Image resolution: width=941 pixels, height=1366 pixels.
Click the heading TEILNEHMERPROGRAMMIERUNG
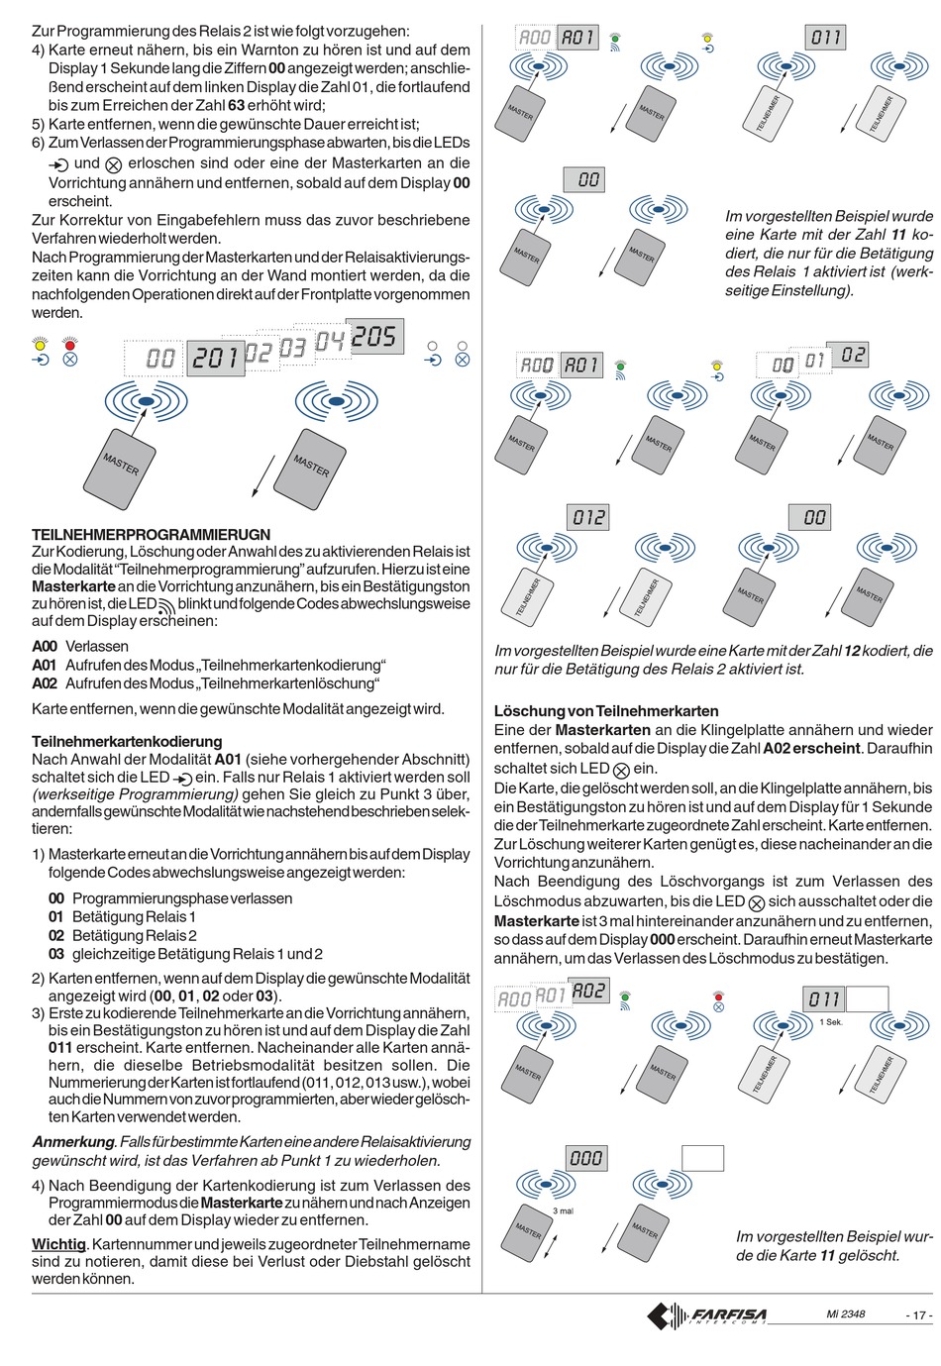[151, 535]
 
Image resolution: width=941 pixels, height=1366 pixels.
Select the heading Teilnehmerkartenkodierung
[127, 741]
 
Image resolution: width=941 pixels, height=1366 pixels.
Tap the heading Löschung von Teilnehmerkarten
[606, 711]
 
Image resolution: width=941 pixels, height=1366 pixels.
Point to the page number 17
[918, 1315]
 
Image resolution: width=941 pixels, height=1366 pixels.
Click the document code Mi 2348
[846, 1314]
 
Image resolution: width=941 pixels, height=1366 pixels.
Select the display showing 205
[373, 338]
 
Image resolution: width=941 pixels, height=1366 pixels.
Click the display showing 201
[216, 357]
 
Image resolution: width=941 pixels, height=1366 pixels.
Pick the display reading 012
[588, 517]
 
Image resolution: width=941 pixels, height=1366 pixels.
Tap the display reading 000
[585, 1158]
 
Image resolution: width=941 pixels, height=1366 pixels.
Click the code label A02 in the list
[45, 683]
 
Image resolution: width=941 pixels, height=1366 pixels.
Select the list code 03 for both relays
[55, 954]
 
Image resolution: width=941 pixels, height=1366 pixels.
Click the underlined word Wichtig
[58, 1244]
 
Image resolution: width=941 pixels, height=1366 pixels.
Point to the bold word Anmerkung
[72, 1142]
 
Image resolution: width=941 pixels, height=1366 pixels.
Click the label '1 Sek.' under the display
[831, 1021]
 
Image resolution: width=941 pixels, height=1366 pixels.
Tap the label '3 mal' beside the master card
[563, 1211]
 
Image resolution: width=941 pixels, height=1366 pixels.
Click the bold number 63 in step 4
[237, 105]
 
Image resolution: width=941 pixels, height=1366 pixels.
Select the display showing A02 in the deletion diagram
[588, 991]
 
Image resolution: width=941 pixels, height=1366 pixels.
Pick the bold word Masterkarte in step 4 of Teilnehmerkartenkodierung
[242, 1203]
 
